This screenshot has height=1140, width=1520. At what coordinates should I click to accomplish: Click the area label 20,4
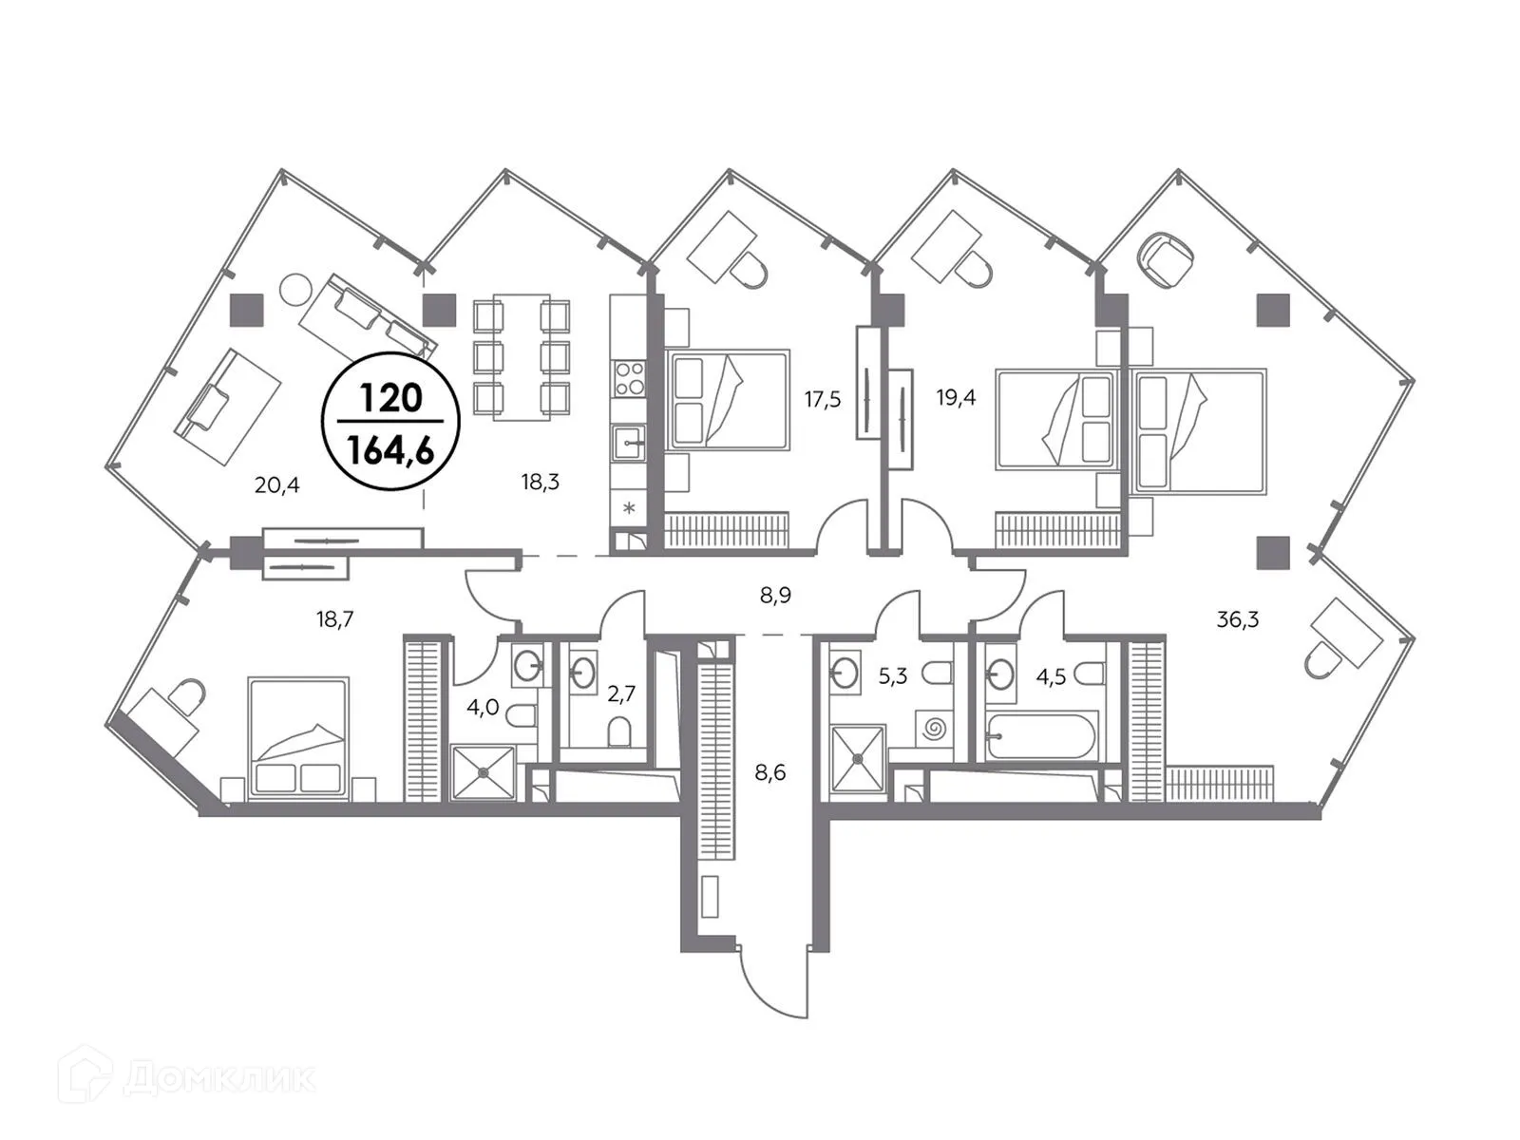tap(276, 485)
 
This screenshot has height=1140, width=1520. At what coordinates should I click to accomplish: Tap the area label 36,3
tap(1238, 619)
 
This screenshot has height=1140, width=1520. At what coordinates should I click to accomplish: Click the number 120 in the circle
tap(390, 397)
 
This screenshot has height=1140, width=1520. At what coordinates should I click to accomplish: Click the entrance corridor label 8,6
tap(769, 772)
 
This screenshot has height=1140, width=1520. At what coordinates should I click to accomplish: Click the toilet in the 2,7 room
tap(618, 731)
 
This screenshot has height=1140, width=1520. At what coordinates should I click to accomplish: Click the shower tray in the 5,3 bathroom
tap(858, 758)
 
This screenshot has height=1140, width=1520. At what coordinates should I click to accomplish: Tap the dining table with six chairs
tap(522, 356)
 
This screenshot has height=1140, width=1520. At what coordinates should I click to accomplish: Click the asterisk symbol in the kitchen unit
tap(629, 508)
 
